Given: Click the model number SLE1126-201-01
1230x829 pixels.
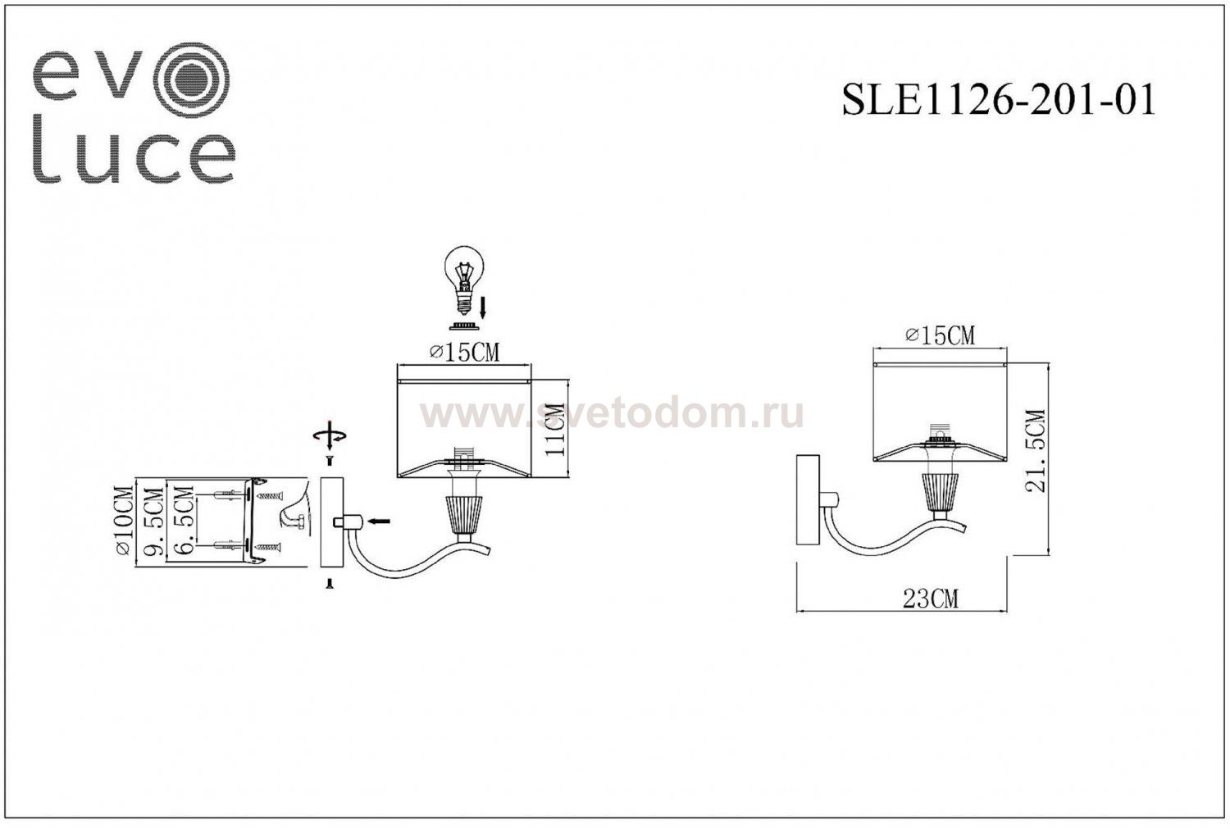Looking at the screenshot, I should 998,101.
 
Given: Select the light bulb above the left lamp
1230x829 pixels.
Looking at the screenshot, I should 464,279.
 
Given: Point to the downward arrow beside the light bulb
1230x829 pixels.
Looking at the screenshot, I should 483,309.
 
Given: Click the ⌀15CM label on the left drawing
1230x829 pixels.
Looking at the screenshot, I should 464,352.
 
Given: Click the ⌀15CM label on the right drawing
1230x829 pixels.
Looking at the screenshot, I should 940,335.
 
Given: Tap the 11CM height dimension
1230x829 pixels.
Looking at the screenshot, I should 557,429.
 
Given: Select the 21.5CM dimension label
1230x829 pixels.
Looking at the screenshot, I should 1037,451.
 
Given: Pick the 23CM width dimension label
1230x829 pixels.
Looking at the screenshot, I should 930,599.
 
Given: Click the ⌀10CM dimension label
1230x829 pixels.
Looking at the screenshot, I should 124,522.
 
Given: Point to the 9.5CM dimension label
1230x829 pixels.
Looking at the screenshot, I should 153,522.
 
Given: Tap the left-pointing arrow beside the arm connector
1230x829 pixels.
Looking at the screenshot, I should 379,521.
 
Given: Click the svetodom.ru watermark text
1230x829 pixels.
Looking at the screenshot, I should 611,415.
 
